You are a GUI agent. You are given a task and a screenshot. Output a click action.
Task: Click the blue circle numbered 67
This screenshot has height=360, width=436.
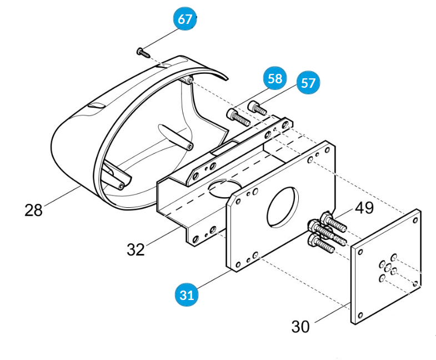click(x=185, y=19)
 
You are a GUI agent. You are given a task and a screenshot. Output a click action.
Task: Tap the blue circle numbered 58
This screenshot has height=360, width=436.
click(x=275, y=78)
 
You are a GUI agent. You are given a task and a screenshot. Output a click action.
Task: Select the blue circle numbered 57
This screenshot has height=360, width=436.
click(x=308, y=83)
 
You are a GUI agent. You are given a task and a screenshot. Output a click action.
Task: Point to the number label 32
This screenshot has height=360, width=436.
click(x=136, y=249)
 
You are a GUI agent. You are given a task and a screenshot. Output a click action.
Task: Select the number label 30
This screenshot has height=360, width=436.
click(x=300, y=327)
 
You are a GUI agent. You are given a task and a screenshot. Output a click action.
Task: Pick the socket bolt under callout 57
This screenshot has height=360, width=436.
click(x=257, y=107)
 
